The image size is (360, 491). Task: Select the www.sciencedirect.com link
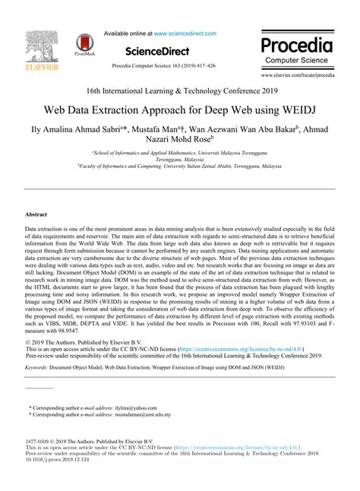[185, 33]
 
